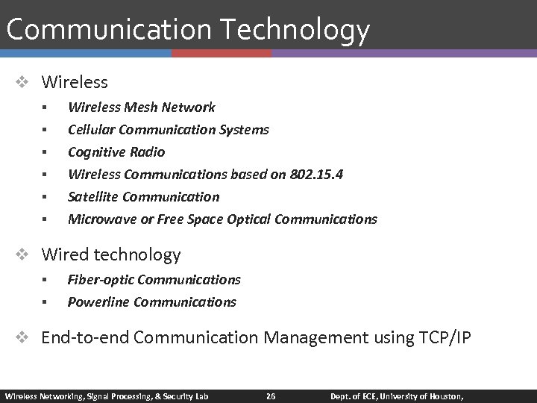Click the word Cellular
click(90, 130)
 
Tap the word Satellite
click(92, 197)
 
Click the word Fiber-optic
click(100, 280)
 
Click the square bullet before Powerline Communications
click(45, 302)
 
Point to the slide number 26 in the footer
click(271, 396)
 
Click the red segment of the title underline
click(222, 54)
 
